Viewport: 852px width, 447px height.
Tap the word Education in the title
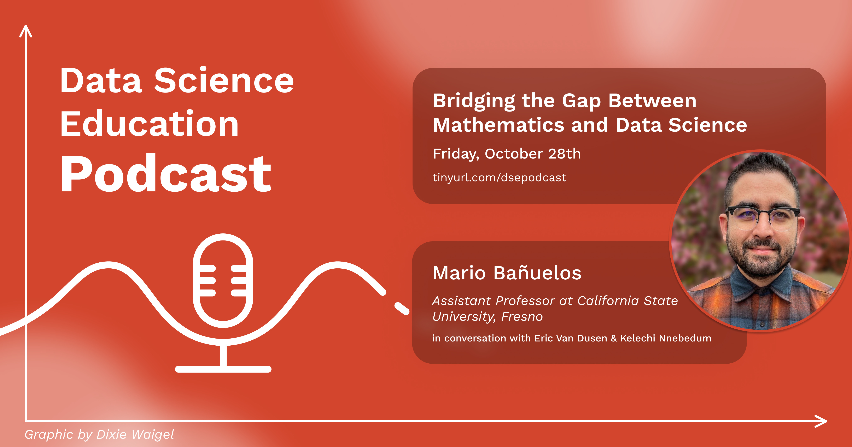tap(150, 124)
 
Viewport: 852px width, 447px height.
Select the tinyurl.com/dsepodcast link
tap(500, 178)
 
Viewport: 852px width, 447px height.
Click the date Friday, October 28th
tap(507, 154)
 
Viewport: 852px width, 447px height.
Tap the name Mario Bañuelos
tap(507, 273)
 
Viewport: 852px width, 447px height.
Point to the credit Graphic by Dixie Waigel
tap(99, 434)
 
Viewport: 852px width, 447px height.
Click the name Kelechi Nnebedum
tap(665, 338)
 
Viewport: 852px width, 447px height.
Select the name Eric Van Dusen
tap(571, 338)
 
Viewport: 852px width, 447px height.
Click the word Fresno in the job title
tap(522, 317)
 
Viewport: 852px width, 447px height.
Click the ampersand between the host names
tap(614, 338)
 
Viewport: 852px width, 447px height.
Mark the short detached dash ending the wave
tap(402, 308)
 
